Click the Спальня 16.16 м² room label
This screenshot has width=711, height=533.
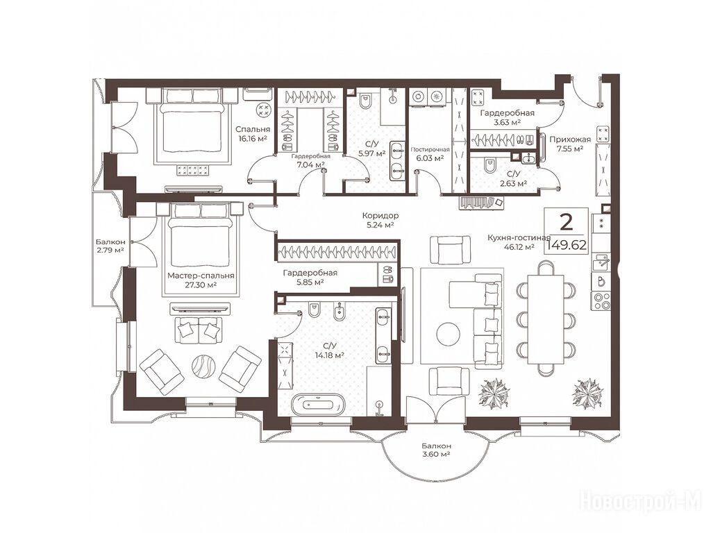253,134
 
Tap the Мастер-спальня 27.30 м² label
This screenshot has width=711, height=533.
201,280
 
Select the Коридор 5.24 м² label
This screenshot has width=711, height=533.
378,220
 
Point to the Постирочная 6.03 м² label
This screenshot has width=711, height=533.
430,153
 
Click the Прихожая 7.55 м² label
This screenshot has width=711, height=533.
570,144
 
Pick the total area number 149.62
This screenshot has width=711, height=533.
567,245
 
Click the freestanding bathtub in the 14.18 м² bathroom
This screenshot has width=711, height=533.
318,403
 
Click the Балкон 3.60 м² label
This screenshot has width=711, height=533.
435,450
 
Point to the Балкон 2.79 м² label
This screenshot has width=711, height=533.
110,246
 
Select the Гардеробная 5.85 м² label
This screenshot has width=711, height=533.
310,278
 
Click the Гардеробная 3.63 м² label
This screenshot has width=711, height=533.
507,117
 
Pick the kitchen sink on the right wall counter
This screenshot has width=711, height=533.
601,262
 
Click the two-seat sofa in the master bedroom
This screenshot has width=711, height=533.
198,330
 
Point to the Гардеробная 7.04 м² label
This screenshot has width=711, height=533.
310,160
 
